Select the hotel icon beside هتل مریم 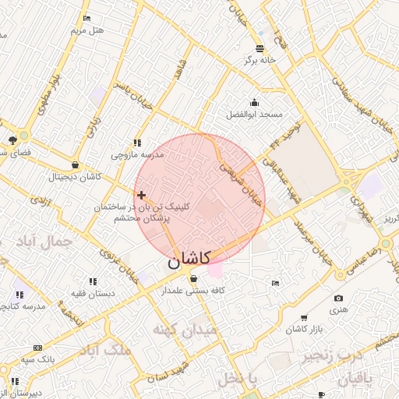click(x=86, y=18)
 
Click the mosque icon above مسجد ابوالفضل click(x=254, y=103)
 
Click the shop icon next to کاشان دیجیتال click(x=75, y=165)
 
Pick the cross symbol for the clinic click(x=141, y=195)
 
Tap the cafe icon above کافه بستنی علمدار click(x=192, y=279)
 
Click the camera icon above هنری click(x=338, y=298)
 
